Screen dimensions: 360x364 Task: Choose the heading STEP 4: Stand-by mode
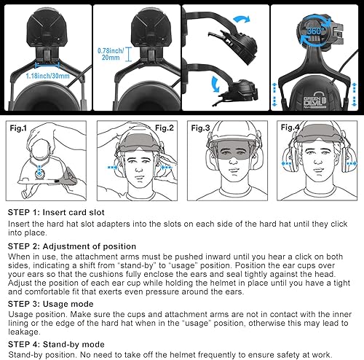pos(54,341)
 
